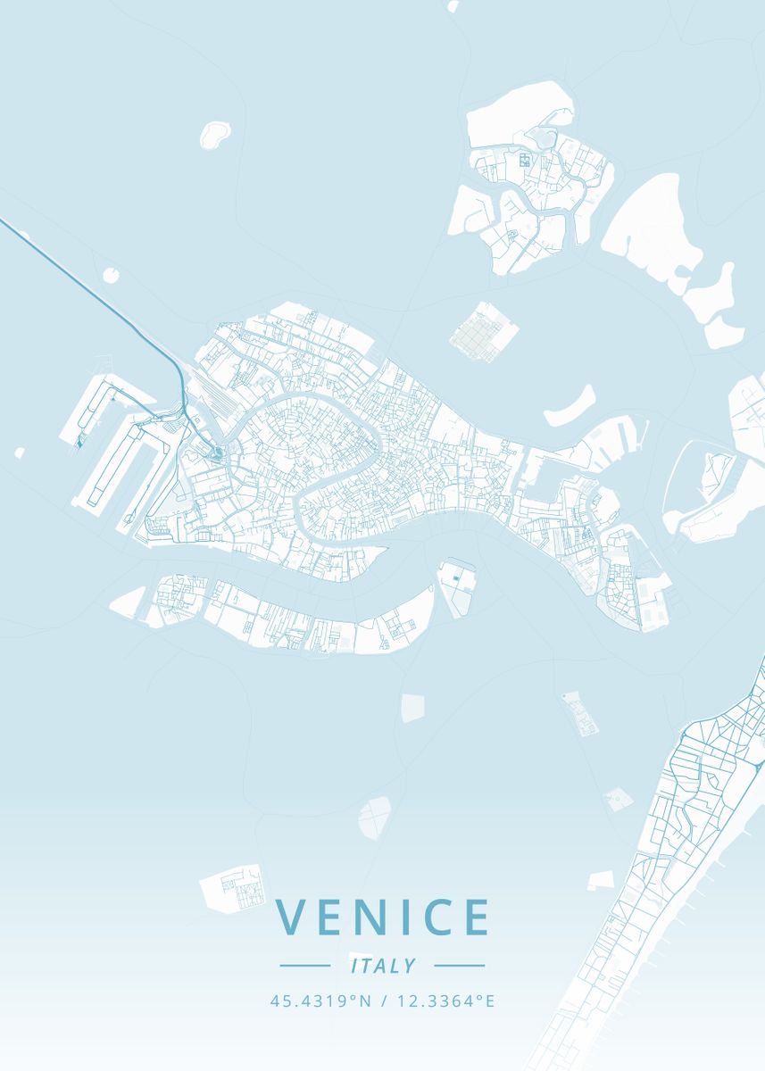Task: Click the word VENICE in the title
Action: coord(383,917)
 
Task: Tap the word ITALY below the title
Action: coord(383,966)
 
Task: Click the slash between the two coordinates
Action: coord(382,1001)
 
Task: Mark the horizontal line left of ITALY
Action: coord(304,965)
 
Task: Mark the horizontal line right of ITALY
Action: coord(460,965)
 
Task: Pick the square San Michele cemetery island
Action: coord(483,333)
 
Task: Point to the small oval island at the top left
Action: coord(214,134)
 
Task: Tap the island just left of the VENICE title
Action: coord(233,887)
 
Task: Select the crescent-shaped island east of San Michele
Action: coord(570,407)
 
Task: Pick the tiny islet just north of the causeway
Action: coord(112,273)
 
